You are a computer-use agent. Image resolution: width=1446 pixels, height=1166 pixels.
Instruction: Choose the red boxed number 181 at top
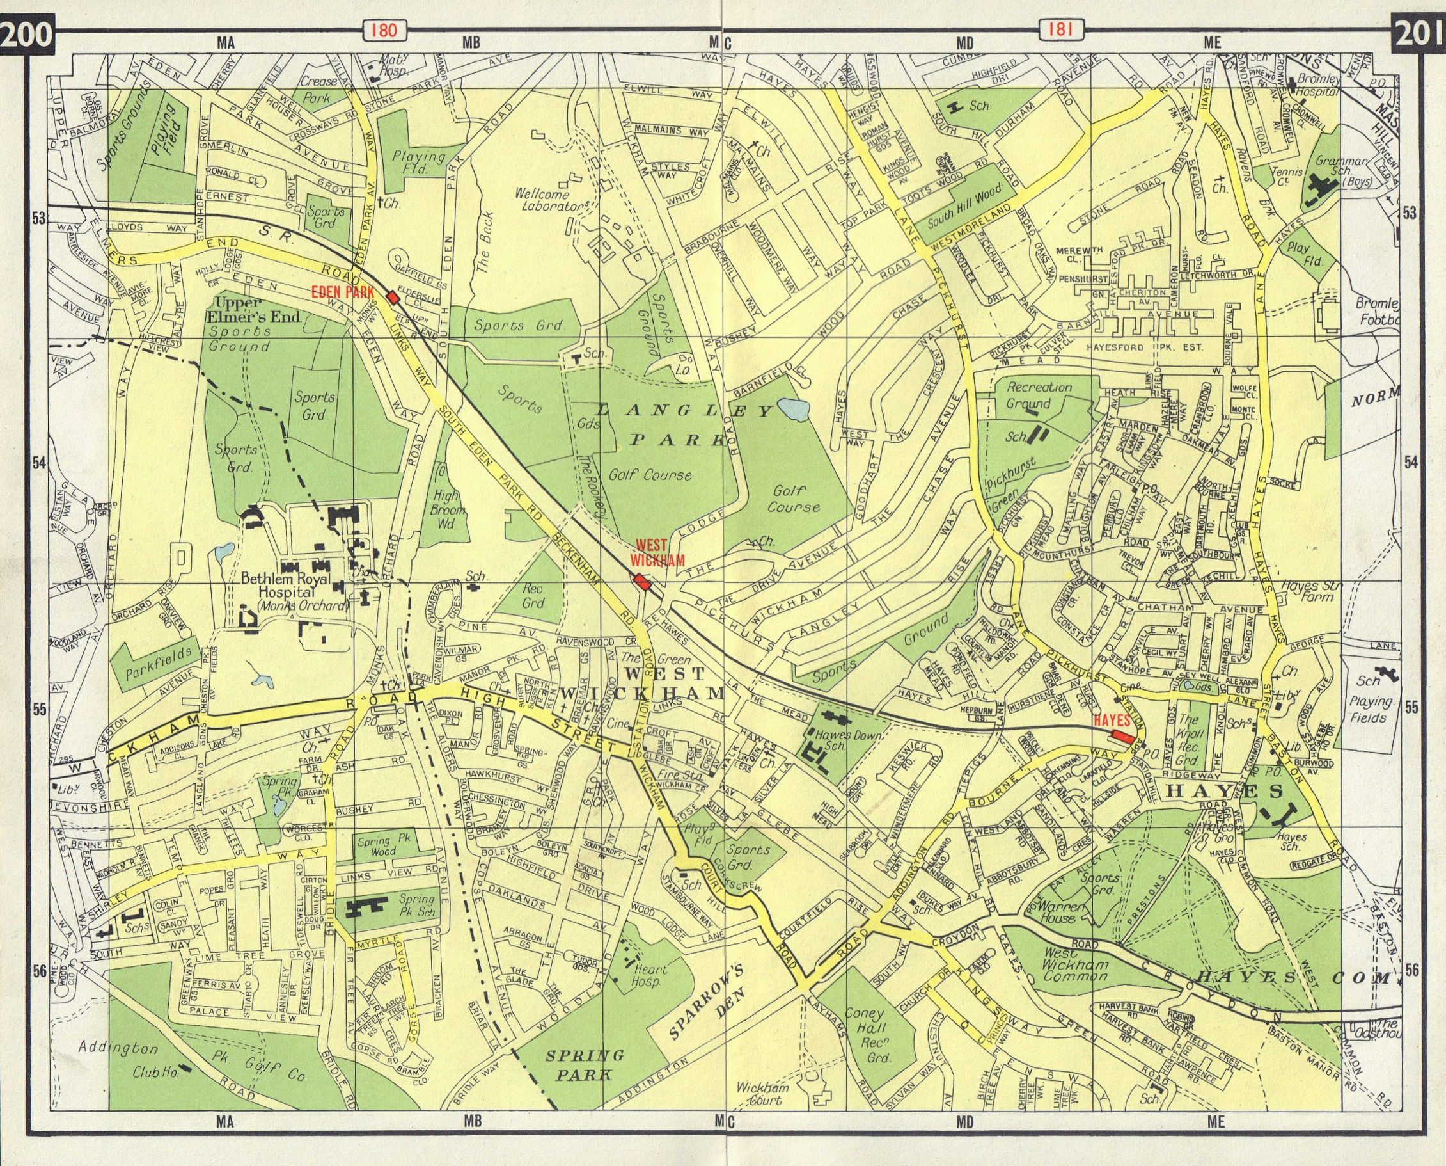click(1057, 30)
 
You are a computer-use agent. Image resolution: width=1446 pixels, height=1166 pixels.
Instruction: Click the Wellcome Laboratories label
click(552, 200)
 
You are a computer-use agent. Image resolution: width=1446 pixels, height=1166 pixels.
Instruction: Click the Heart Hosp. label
click(650, 975)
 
